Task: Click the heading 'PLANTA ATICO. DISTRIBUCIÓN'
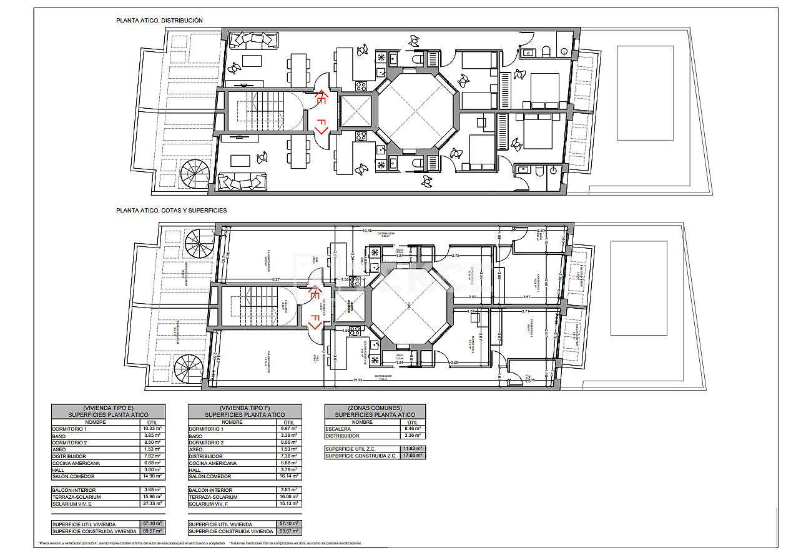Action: (159, 21)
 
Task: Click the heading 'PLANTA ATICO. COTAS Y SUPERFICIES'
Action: (171, 211)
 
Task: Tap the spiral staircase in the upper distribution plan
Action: (196, 174)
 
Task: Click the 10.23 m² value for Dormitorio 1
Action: (151, 429)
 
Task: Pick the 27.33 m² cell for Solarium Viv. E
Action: (151, 504)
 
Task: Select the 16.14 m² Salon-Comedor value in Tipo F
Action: (288, 476)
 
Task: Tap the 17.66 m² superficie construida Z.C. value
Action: (412, 456)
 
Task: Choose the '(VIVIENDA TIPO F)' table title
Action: (245, 407)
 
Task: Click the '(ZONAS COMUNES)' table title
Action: (375, 407)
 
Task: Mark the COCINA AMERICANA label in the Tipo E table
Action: (76, 463)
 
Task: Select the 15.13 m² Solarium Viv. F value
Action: (288, 504)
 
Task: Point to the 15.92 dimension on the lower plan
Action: (358, 380)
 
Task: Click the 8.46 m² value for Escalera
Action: (412, 429)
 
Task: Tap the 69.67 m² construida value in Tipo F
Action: (288, 531)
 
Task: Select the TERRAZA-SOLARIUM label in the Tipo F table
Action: (213, 497)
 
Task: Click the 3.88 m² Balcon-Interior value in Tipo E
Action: (151, 490)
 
